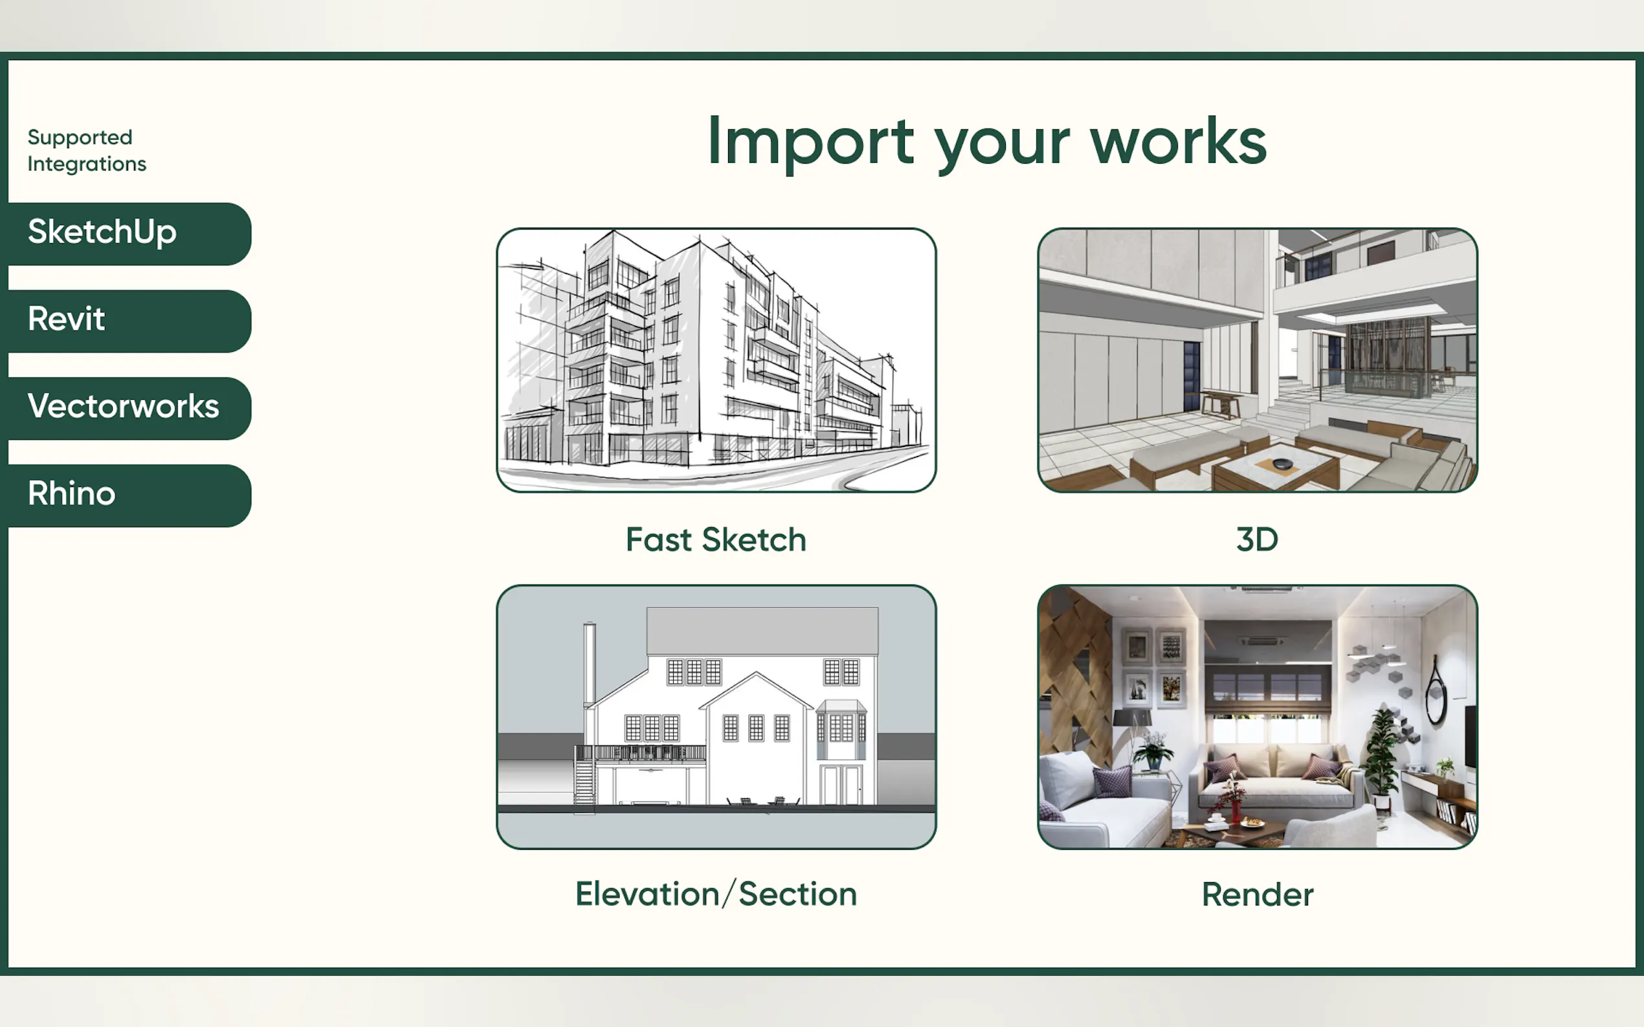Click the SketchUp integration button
[126, 233]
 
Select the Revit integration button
[126, 321]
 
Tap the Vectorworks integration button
[126, 408]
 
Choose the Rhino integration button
[126, 496]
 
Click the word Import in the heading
[811, 144]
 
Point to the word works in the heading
[1179, 142]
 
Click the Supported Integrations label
[87, 150]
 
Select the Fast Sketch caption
[716, 540]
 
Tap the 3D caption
[1256, 540]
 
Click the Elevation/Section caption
[716, 894]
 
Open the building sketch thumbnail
[716, 360]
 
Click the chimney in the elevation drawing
[589, 665]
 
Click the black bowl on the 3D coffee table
[1282, 464]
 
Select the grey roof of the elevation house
[762, 631]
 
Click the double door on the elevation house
[841, 785]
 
